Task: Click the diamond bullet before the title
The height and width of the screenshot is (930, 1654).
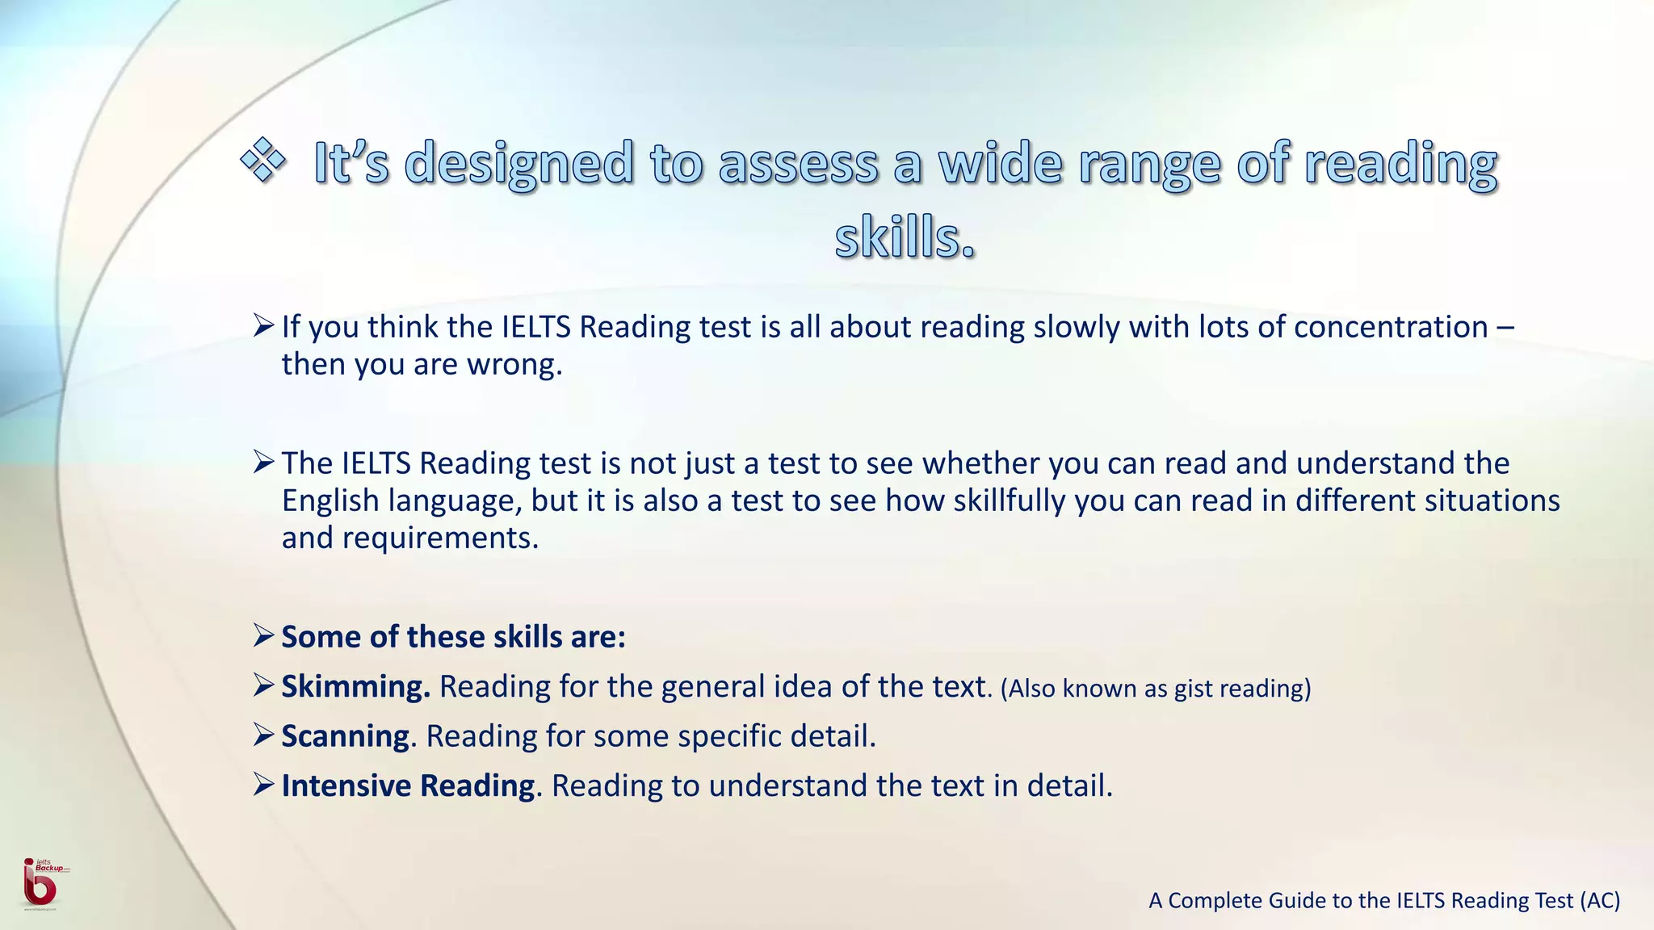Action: tap(263, 159)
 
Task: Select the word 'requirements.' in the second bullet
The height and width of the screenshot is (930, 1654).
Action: tap(440, 538)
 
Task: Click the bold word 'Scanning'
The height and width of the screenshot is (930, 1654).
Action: tap(346, 736)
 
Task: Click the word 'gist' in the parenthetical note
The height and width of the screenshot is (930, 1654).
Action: tap(1193, 689)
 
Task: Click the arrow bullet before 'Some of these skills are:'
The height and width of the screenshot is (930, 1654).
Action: tap(264, 636)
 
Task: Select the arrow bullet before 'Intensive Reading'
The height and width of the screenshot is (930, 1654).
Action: tap(264, 785)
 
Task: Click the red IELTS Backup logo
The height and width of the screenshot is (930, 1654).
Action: tap(40, 884)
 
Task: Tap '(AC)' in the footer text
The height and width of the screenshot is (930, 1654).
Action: tap(1600, 900)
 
